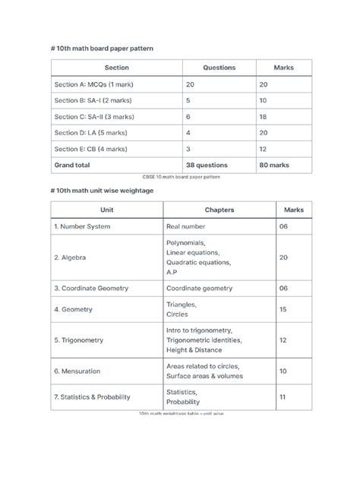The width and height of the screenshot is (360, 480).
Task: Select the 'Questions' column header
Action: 219,68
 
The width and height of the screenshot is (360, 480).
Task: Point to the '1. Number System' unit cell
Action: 82,226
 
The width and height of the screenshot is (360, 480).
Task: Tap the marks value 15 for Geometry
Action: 283,309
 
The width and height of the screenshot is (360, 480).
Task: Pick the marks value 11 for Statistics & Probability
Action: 283,396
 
